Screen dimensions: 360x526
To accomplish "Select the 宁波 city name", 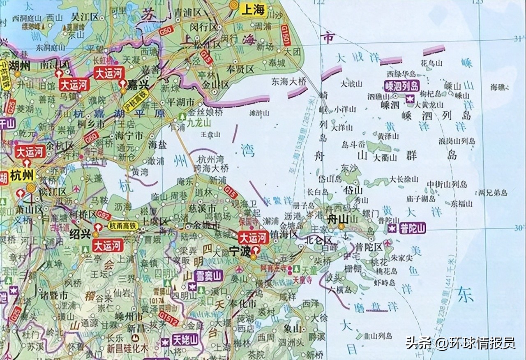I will [x=240, y=251].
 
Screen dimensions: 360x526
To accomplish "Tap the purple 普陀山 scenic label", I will [x=411, y=228].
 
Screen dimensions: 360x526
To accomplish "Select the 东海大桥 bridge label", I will [x=289, y=82].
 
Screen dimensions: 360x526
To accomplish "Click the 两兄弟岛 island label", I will [x=493, y=192].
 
